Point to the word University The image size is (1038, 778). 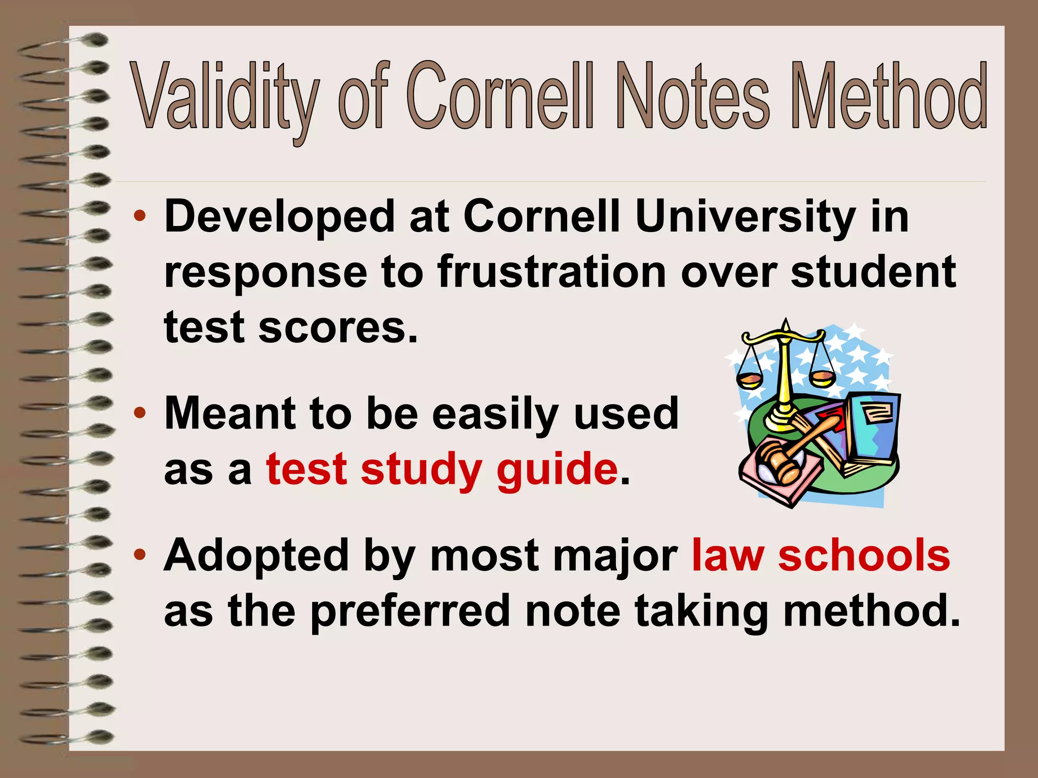[746, 217]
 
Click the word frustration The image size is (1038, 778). [551, 272]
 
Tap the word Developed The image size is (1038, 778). [279, 217]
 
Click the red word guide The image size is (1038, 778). [557, 469]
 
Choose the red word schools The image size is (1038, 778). [864, 555]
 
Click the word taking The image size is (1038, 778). [702, 611]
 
